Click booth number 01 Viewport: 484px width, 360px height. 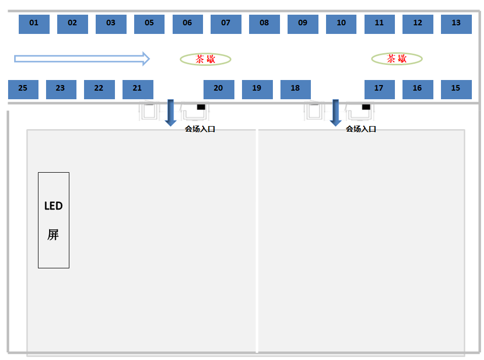coord(34,24)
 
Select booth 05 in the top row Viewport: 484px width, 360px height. coord(149,24)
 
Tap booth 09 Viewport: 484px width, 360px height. coord(303,24)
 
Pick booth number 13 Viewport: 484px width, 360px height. coord(456,24)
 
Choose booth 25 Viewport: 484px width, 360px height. coord(23,89)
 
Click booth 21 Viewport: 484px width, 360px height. coord(138,89)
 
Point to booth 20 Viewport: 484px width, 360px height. coord(219,89)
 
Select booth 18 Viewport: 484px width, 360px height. coord(296,89)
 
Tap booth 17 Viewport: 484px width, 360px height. coord(379,89)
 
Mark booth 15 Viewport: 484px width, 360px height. coord(456,89)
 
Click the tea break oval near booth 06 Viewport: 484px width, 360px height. coord(206,59)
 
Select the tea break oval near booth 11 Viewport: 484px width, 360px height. coord(397,59)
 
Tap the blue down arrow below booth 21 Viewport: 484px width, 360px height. coord(171,112)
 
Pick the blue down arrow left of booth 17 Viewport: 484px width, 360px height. coord(335,112)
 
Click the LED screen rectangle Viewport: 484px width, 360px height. coord(54,220)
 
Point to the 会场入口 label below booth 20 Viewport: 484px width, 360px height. coord(200,129)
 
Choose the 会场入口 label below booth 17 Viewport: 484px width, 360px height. coord(361,129)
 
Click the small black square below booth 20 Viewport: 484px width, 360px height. coord(201,107)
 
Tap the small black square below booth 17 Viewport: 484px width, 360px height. coord(366,107)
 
